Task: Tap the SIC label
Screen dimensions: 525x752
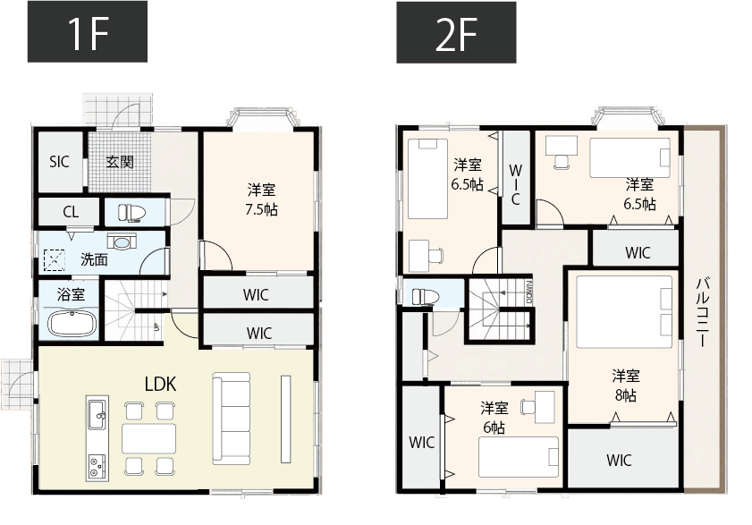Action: [x=59, y=162]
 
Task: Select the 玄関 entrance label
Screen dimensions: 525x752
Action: [x=120, y=162]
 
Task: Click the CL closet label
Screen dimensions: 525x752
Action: [x=70, y=213]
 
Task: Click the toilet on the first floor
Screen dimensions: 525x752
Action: [x=130, y=212]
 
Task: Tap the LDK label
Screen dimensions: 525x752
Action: [x=160, y=385]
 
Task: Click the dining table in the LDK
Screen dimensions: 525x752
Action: [x=148, y=438]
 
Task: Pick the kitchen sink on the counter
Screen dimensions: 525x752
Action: [x=97, y=412]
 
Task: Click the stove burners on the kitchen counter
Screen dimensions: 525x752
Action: [x=97, y=466]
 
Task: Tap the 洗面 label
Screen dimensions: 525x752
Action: [x=94, y=260]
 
